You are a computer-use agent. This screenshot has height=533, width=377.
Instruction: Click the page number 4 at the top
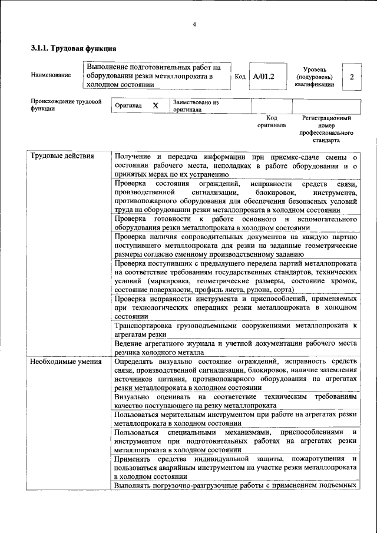(x=194, y=24)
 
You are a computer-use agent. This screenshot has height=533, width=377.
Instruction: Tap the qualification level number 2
(x=352, y=77)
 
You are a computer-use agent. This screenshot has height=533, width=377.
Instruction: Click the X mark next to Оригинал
(x=156, y=105)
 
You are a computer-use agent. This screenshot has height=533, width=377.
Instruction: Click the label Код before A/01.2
(x=240, y=77)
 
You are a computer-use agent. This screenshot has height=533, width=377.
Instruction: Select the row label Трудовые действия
(x=62, y=157)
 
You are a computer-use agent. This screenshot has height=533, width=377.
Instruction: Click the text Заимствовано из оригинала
(x=195, y=105)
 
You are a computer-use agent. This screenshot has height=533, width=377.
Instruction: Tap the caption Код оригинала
(x=272, y=121)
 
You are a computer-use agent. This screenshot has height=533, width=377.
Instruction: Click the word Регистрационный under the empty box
(x=326, y=118)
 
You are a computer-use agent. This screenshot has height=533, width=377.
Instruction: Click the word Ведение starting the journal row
(x=129, y=343)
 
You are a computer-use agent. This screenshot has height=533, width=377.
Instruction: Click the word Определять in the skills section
(x=137, y=361)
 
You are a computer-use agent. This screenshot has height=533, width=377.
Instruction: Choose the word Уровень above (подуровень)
(x=315, y=69)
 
